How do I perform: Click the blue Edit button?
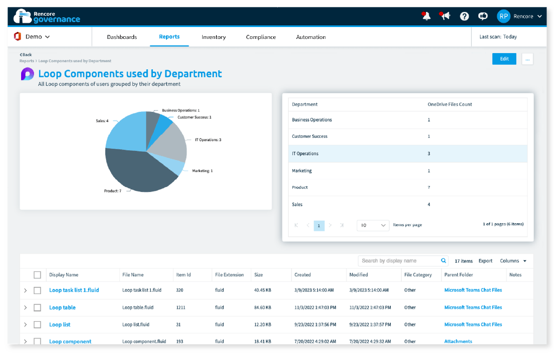coord(504,59)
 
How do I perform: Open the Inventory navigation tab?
coord(213,37)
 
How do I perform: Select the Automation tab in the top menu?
coord(311,37)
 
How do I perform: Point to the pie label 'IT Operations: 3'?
coord(208,140)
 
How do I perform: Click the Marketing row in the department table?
coord(302,171)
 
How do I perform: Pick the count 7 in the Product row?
coord(429,188)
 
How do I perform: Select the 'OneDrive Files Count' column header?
coord(450,104)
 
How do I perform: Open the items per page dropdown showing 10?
coord(373,225)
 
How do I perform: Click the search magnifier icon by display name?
coord(444,261)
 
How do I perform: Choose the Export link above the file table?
coord(485,261)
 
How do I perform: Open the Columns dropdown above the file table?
coord(513,261)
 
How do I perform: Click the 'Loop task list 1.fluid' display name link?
coord(74,290)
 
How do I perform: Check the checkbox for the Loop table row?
coord(37,308)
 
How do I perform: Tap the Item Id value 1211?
coord(182,308)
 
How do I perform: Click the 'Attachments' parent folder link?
coord(458,342)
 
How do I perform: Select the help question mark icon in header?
coord(464,16)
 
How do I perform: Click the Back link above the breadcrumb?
coord(26,55)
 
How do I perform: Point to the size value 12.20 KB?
coord(262,325)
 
